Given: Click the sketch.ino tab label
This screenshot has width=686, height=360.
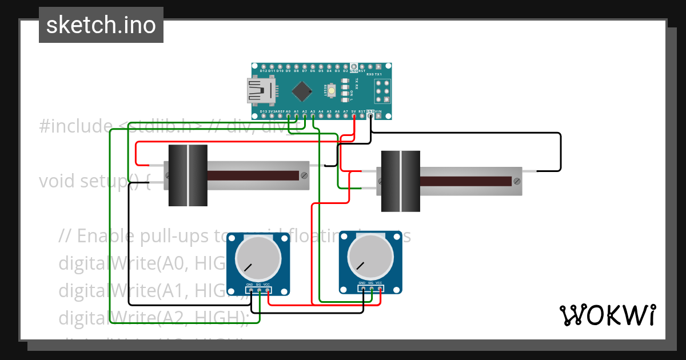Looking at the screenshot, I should [x=101, y=25].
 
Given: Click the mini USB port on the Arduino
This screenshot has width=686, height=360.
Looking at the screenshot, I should [x=261, y=91].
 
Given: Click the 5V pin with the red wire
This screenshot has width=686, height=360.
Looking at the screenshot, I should [x=354, y=116].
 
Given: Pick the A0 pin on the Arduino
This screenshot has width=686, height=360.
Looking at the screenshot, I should [x=289, y=116].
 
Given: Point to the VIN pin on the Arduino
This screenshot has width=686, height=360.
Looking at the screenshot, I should [x=378, y=116].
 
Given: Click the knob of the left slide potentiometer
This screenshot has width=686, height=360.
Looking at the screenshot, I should [x=188, y=175].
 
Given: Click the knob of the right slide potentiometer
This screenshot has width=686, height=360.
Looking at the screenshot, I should [x=401, y=181].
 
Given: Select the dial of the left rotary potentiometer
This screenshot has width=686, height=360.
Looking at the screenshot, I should [x=258, y=258].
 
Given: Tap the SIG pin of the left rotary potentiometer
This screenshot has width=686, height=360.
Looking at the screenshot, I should [x=259, y=290].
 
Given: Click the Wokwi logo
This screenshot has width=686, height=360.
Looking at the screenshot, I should [x=607, y=315].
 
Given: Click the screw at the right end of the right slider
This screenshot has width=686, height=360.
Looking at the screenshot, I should [x=517, y=181].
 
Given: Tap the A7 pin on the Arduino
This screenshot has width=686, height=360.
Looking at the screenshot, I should [x=345, y=116].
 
